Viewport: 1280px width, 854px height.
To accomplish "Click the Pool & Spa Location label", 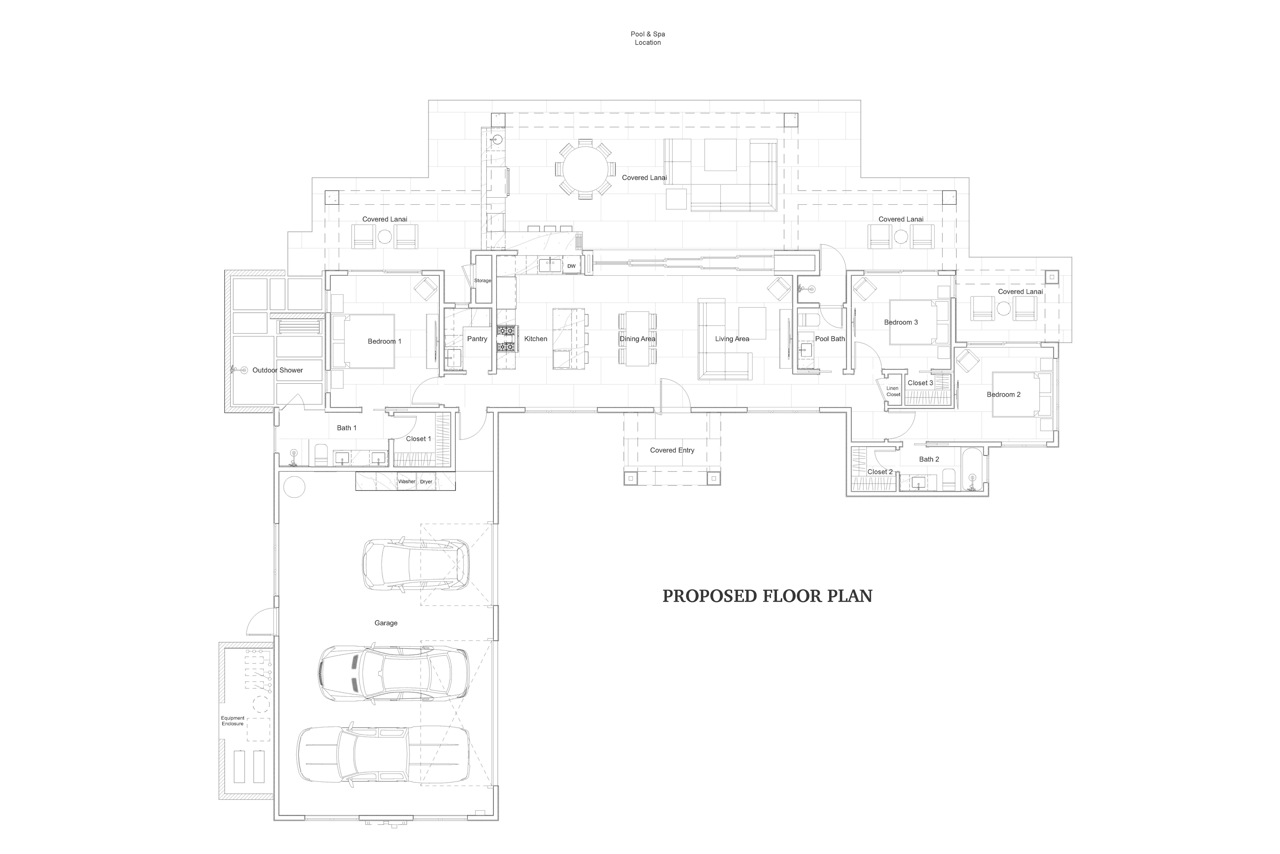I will pos(647,38).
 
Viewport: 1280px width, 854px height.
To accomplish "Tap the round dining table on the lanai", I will pos(585,169).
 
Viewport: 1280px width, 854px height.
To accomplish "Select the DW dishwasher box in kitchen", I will pos(571,266).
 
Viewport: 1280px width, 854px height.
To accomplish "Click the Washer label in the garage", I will pos(407,482).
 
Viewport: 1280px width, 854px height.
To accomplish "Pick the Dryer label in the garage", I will pos(426,482).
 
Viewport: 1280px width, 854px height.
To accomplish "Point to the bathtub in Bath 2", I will pos(972,470).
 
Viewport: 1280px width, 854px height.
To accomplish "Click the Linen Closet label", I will pos(893,391).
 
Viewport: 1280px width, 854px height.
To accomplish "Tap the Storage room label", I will pos(483,281).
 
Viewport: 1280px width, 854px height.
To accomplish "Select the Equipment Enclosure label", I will pos(233,721).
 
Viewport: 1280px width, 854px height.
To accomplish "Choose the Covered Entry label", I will pos(672,450).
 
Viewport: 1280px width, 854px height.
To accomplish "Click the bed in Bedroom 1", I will pos(363,342).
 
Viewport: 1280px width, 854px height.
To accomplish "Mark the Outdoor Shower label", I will pos(277,370).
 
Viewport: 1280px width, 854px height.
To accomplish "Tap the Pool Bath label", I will pos(830,339).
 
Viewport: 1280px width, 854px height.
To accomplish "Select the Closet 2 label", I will pos(880,472).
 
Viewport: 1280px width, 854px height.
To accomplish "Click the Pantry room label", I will pos(477,339).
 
